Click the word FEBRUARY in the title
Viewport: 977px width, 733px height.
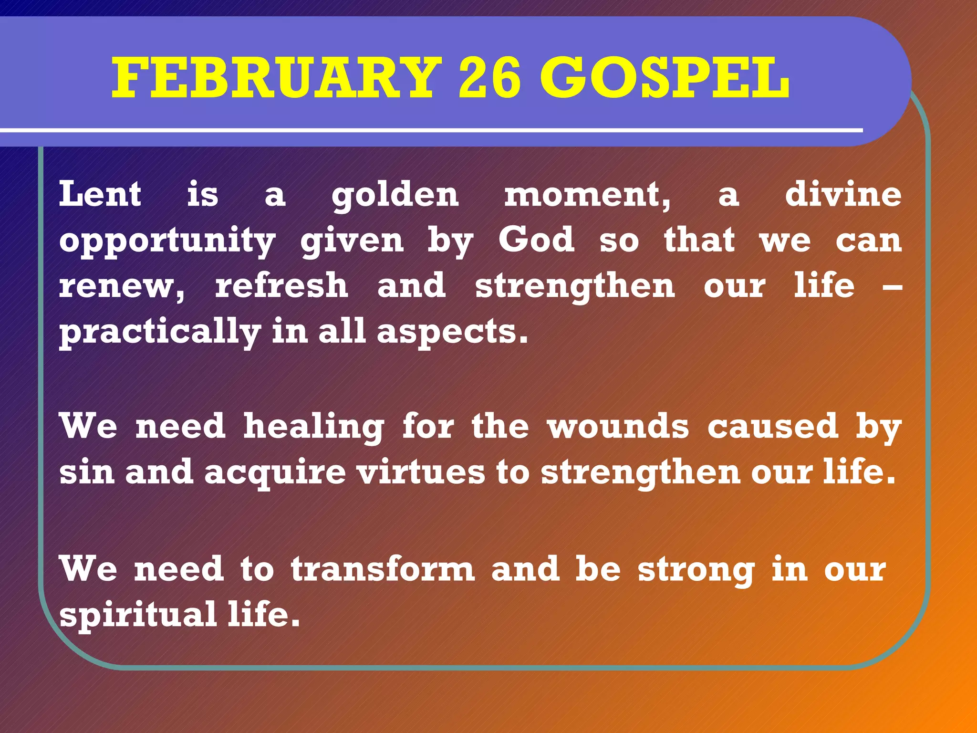click(x=277, y=78)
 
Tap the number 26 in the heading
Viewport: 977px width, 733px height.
click(x=489, y=78)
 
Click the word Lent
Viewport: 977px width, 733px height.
click(x=100, y=194)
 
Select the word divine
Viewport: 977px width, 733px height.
click(x=843, y=194)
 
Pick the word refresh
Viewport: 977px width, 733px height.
click(x=281, y=285)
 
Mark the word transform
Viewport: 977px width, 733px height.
click(x=383, y=569)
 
